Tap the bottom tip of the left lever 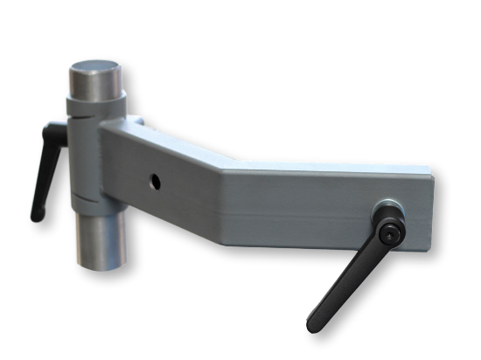(x=37, y=212)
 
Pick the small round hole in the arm (x=155, y=183)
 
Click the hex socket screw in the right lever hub (x=390, y=231)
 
